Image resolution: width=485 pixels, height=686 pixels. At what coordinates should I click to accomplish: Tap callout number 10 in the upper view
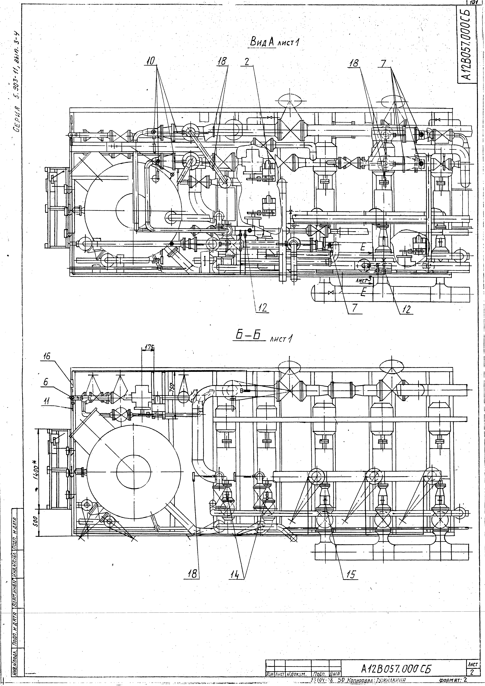[x=151, y=61]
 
